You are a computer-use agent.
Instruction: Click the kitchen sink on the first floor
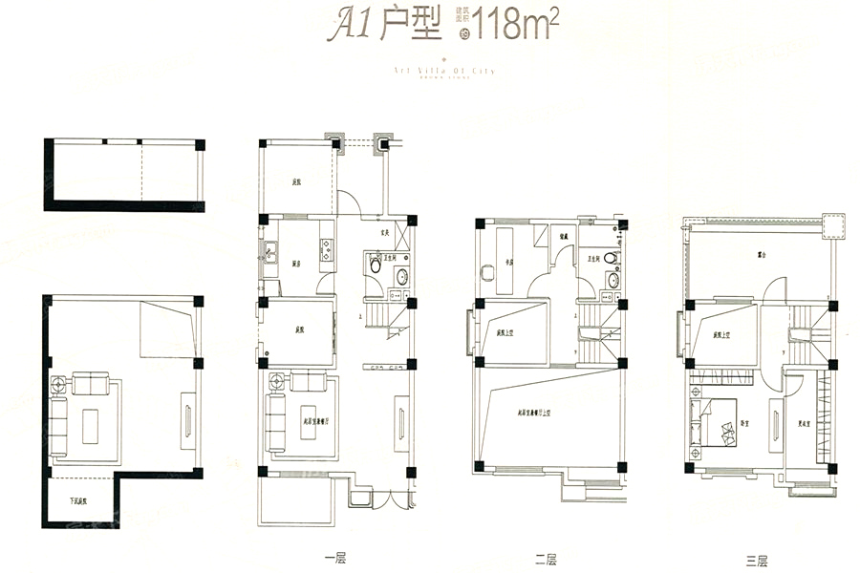tap(269, 253)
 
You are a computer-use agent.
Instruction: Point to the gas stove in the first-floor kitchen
tap(326, 249)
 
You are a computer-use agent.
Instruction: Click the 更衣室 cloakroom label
tap(805, 424)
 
